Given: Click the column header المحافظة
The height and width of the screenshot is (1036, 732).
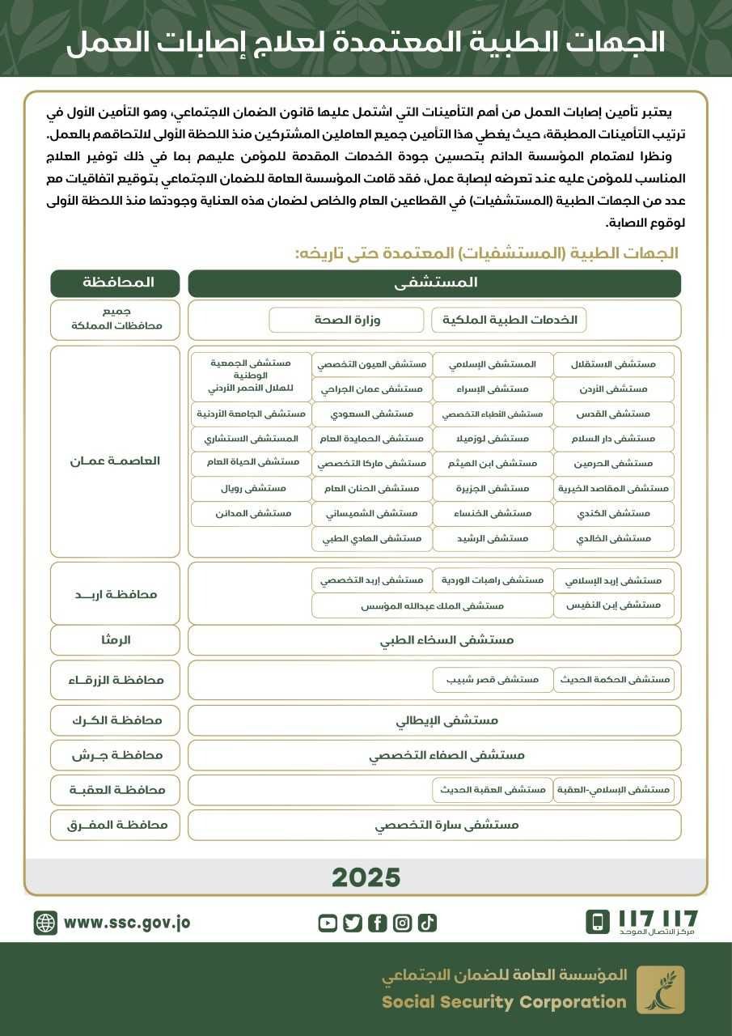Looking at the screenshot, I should click(115, 283).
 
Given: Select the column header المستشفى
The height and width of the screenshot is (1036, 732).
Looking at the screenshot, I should click(434, 283).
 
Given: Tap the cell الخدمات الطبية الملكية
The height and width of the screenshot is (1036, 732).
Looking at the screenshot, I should click(509, 320).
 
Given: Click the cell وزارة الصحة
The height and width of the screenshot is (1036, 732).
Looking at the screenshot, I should click(346, 320).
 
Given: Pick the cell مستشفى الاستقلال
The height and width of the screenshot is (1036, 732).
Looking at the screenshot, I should click(613, 364).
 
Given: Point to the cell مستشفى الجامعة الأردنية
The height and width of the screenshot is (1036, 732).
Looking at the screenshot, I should click(252, 414).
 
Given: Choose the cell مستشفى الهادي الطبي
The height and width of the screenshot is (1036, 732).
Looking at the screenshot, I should click(371, 538).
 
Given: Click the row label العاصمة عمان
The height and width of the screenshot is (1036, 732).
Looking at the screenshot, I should click(115, 461).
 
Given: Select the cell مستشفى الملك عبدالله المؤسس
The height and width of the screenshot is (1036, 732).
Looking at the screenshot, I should click(432, 605).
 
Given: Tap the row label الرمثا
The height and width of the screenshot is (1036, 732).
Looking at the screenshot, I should click(115, 639).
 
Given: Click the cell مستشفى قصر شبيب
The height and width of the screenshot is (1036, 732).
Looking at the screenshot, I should click(493, 680).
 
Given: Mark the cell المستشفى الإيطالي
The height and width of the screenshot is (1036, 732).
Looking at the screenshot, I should click(434, 720).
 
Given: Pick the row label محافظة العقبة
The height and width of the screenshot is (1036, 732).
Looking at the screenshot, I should click(115, 789).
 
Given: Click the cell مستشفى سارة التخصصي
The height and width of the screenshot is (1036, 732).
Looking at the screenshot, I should click(434, 825).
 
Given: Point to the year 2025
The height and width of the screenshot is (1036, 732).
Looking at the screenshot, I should click(366, 877).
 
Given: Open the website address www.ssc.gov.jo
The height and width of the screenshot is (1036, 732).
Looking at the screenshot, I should click(127, 923).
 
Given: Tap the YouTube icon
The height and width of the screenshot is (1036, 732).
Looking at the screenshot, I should click(328, 923).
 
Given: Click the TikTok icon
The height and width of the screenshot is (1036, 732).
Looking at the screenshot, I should click(427, 923).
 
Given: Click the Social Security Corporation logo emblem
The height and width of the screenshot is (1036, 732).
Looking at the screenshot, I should click(660, 989).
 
